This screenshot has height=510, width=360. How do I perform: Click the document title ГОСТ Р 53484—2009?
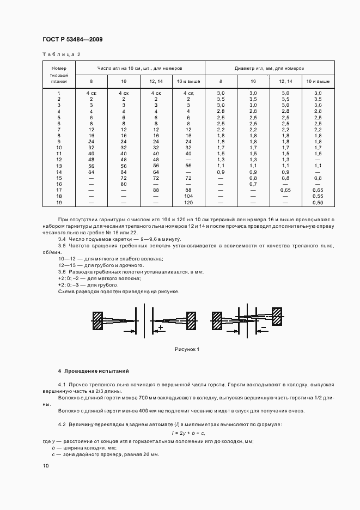coord(72,39)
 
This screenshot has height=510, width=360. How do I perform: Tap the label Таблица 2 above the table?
coord(61,54)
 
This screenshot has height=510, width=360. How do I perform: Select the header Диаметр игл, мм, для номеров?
coord(270,68)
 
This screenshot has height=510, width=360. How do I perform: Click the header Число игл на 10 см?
coord(139,68)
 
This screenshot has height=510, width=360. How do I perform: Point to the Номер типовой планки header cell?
coord(59,74)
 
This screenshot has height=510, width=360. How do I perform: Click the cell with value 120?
coord(188,202)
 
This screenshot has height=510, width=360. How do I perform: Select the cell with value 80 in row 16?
coord(124,184)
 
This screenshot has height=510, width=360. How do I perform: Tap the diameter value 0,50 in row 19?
coord(318,202)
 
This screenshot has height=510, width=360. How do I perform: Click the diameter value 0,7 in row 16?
coord(253,184)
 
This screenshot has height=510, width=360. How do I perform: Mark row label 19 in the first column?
coord(59,202)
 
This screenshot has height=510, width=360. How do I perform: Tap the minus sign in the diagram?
coord(264,327)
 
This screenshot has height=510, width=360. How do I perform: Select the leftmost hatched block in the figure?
coord(98,320)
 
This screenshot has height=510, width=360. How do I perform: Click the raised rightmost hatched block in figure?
coord(277,316)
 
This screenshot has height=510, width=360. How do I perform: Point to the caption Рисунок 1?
coord(187,349)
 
